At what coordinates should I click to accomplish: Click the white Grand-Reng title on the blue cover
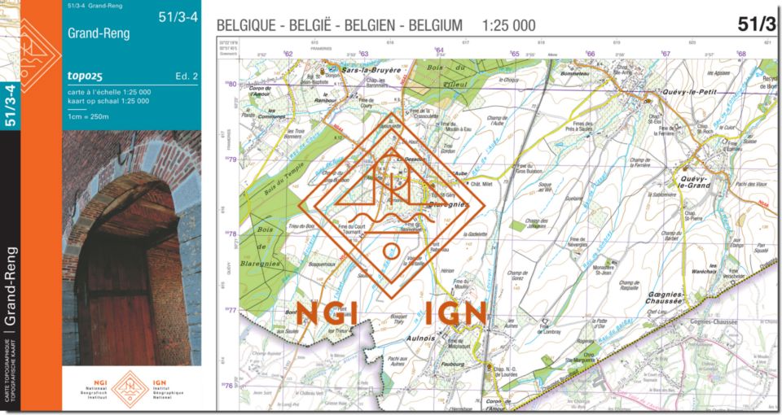(x=99, y=34)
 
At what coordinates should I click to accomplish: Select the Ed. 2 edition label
(x=187, y=76)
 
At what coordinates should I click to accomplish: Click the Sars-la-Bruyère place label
(x=372, y=71)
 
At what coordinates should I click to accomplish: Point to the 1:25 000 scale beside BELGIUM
(x=509, y=26)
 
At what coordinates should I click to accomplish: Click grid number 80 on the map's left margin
(x=232, y=84)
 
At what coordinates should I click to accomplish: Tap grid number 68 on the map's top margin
(x=741, y=54)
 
